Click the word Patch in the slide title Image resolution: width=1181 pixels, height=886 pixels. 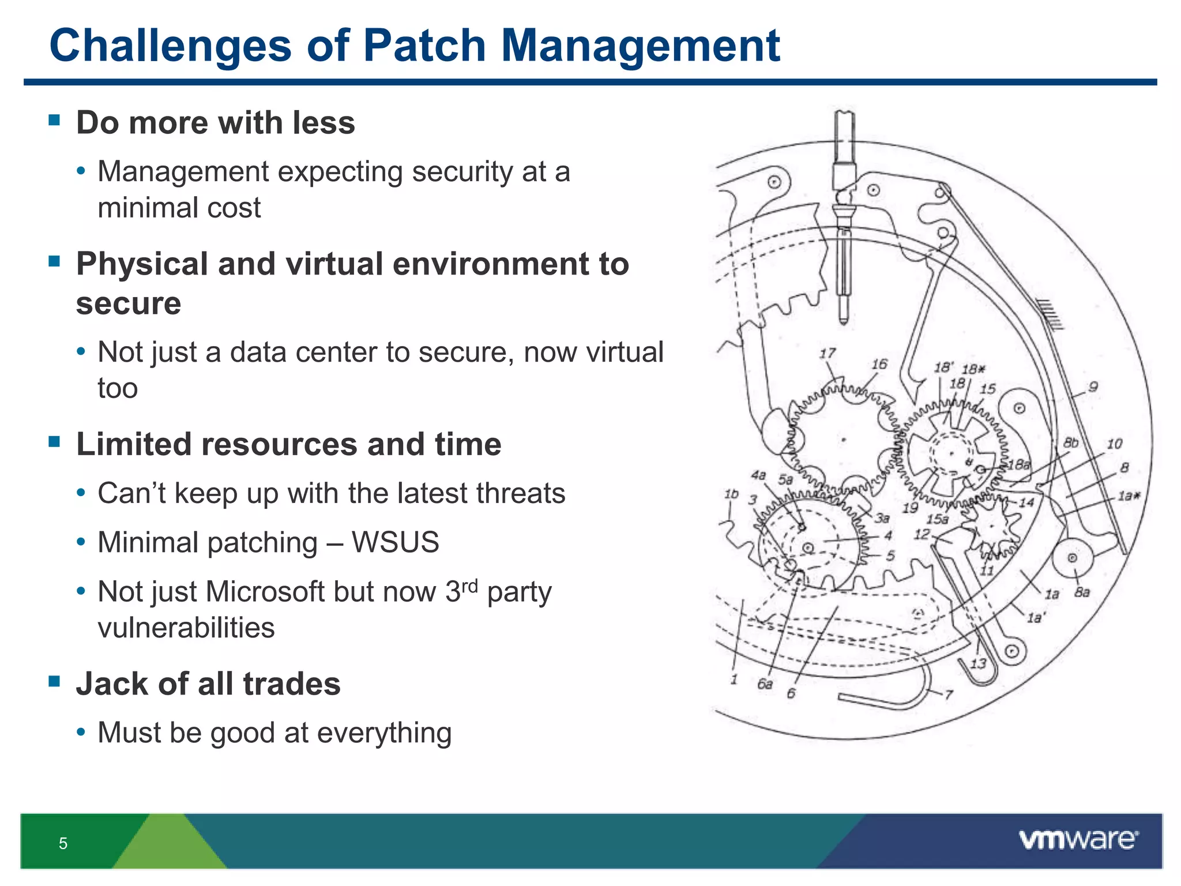tap(424, 46)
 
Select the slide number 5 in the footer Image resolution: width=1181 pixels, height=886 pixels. tap(63, 843)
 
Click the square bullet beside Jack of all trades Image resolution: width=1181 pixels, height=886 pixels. tap(55, 681)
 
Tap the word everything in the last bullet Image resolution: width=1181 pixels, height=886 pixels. tap(384, 733)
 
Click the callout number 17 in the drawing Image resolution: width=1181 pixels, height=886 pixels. tap(828, 353)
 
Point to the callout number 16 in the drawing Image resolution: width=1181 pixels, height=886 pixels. tap(879, 364)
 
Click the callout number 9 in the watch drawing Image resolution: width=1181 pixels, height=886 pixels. tap(1093, 387)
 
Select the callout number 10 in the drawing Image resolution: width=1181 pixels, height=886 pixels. tap(1114, 444)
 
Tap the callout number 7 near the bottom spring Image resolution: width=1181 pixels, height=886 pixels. tap(949, 694)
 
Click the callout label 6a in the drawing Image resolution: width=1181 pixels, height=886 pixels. tap(765, 684)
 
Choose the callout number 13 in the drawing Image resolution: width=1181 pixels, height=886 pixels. tap(978, 663)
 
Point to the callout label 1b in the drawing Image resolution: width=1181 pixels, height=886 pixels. tap(731, 494)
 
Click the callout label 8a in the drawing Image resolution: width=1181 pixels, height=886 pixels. tap(1082, 592)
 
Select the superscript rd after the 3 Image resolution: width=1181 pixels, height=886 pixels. tap(470, 586)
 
